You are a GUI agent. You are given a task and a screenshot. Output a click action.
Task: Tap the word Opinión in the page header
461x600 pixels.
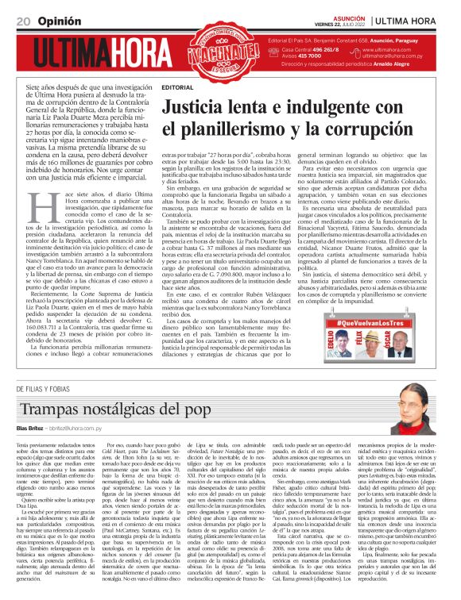pyautogui.click(x=56, y=20)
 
